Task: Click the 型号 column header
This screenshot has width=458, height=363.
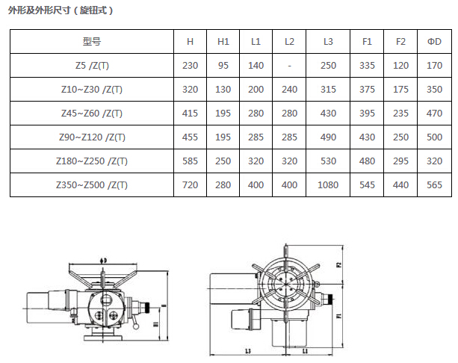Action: (x=92, y=42)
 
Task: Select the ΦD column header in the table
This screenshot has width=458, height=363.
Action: (x=434, y=42)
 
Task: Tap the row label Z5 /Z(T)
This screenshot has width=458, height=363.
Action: (x=92, y=66)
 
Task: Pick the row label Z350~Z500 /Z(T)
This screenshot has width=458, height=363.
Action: (x=92, y=184)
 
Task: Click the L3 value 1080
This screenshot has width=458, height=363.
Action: (x=328, y=184)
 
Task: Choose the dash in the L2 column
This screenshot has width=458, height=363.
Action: (x=289, y=66)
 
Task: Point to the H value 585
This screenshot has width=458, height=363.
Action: (x=190, y=161)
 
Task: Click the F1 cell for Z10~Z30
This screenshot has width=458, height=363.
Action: (x=367, y=89)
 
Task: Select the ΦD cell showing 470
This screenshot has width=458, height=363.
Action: (x=434, y=113)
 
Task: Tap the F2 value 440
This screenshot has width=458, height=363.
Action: (x=400, y=184)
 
